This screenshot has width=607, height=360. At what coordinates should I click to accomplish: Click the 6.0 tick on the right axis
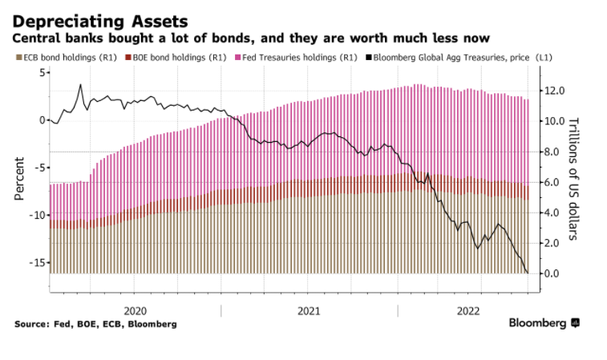[555, 182]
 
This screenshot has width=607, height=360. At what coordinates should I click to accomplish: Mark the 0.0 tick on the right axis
[555, 273]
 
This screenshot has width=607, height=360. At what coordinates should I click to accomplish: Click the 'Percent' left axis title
[18, 177]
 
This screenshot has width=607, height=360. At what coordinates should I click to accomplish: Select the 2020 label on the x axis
[136, 310]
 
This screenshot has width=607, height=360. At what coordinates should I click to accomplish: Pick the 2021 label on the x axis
[309, 310]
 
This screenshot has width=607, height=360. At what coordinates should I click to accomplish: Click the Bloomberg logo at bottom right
[544, 323]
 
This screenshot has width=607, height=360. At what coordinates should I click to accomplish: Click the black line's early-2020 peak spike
[80, 85]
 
